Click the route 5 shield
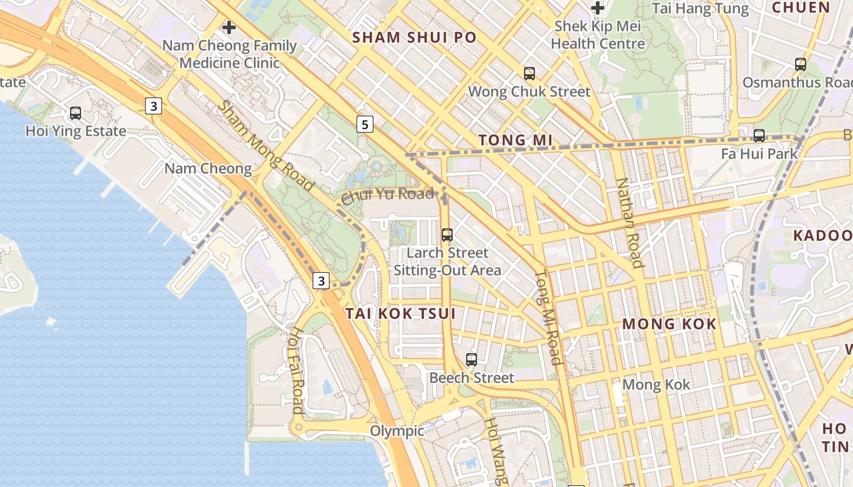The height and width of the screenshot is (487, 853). coord(364,125)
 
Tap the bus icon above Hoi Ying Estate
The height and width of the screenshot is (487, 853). coord(76,113)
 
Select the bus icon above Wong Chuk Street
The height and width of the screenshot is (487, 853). coord(529,74)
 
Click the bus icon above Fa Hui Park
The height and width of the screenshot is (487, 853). coord(759,136)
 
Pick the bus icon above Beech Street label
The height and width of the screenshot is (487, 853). coord(472,360)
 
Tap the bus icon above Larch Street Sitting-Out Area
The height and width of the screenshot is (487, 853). coord(447,235)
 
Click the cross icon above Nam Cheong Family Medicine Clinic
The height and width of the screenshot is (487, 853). coord(229,27)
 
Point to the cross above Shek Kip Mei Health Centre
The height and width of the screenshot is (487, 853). coord(598,8)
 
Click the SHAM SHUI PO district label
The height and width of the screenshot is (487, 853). coord(414,38)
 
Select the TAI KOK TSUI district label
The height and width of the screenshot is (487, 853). coord(401,314)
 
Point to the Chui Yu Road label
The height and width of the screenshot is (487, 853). coord(388,196)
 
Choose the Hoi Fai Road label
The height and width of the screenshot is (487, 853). coord(297,370)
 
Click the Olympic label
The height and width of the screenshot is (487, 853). coord(397,431)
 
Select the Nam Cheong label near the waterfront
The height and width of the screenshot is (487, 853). coord(208,169)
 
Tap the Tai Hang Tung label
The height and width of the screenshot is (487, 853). coord(700,9)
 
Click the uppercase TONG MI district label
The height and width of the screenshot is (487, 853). coord(515,141)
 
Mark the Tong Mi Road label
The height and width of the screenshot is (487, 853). coord(548,317)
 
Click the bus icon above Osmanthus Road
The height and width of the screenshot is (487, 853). coord(801,64)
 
